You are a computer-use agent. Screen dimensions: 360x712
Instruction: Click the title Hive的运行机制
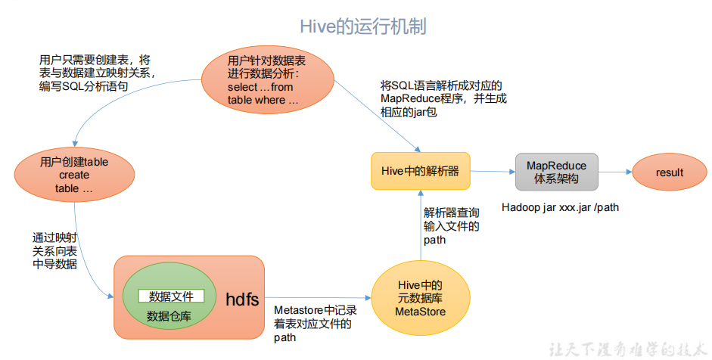(x=363, y=26)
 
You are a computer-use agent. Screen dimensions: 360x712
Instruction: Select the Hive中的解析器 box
(x=421, y=171)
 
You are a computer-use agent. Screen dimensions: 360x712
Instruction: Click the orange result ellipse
(x=669, y=172)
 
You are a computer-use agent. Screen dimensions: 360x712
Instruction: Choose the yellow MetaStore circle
(x=421, y=298)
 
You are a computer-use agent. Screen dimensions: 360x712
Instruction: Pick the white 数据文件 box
(x=171, y=296)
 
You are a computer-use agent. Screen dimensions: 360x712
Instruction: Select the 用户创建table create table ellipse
(x=74, y=175)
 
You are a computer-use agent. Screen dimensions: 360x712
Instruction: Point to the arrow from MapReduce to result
(x=614, y=172)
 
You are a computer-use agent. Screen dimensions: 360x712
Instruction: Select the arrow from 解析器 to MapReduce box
(x=493, y=172)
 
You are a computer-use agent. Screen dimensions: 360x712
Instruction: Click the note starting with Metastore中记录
(x=315, y=324)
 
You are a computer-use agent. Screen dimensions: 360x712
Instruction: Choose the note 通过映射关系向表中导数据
(x=54, y=250)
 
